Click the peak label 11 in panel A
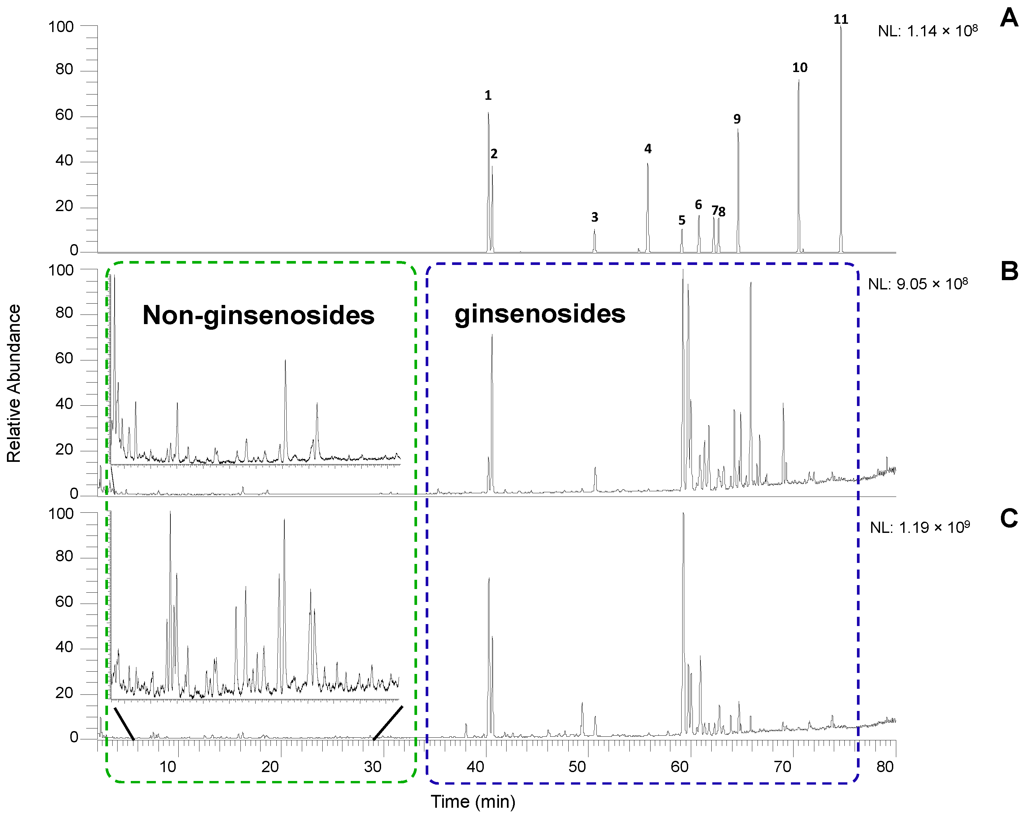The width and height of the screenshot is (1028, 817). pos(841,19)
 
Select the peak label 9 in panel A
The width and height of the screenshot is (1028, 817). pos(737,119)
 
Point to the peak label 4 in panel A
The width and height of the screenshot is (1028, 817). pos(648,149)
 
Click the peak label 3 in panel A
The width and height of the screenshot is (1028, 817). pos(595,217)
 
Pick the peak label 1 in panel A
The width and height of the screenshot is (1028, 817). pos(488,95)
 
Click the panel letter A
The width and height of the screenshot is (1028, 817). pos(1009,18)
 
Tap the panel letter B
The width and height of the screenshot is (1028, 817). pos(1009,271)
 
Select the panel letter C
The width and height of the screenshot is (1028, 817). pos(1009,518)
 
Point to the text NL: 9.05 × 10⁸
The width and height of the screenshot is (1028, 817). pos(917,284)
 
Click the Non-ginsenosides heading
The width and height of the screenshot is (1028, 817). pos(259,315)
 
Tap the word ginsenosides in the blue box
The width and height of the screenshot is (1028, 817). pos(540,314)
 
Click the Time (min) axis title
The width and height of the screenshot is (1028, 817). pos(473,801)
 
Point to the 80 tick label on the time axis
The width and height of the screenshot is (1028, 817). pos(885,767)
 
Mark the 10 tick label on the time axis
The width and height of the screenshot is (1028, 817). pos(168,767)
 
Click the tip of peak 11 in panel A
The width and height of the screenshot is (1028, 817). pos(841,27)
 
